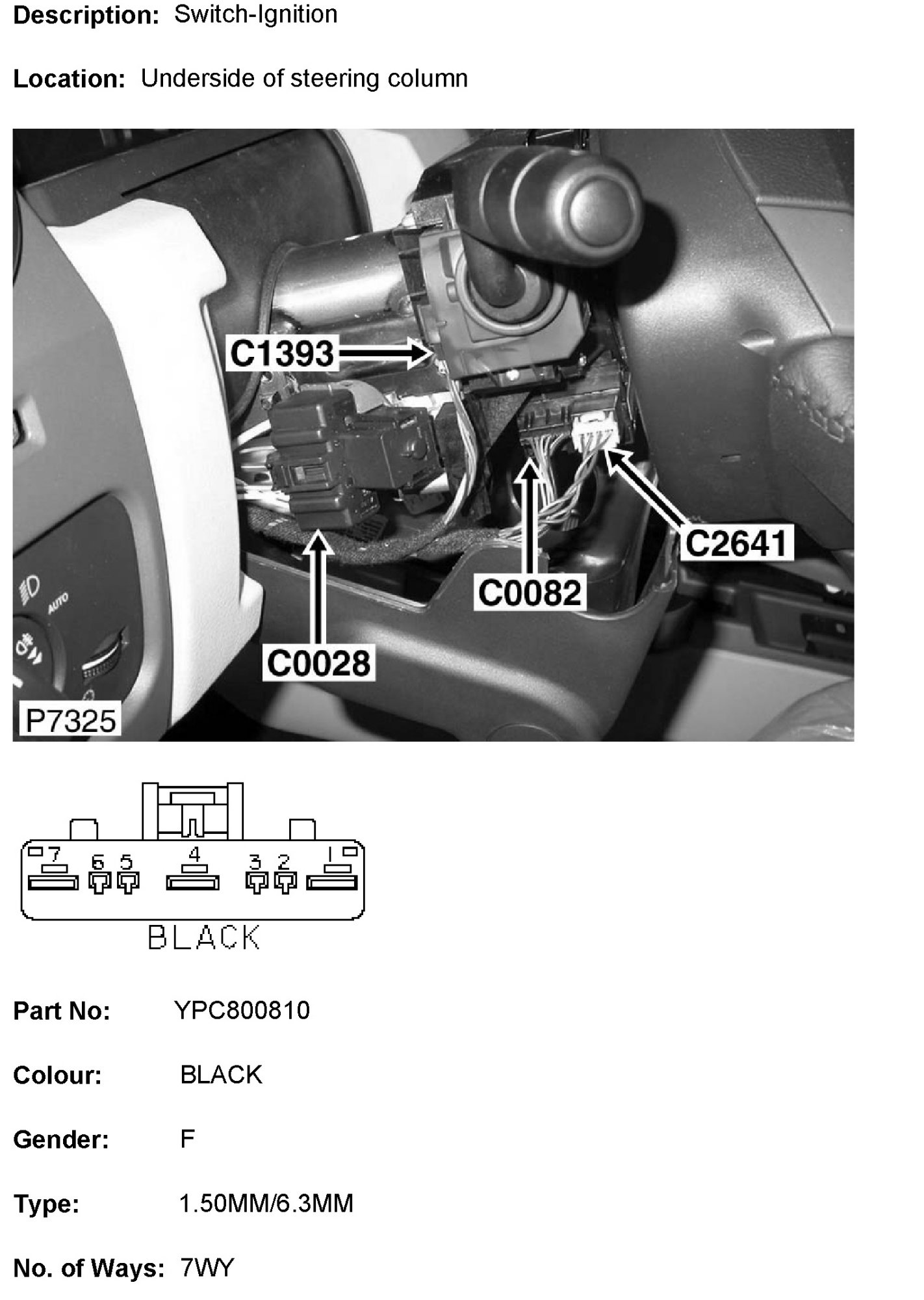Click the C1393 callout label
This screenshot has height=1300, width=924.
click(x=281, y=355)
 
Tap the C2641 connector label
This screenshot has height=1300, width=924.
click(x=736, y=543)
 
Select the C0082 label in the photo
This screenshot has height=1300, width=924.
click(x=530, y=593)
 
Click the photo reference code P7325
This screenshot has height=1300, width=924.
click(x=70, y=721)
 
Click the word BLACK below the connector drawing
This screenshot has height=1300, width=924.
click(x=204, y=938)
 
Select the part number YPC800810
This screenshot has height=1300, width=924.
click(x=242, y=1011)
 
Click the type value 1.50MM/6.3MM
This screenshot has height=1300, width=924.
click(x=266, y=1204)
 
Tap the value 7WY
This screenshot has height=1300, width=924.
click(x=207, y=1268)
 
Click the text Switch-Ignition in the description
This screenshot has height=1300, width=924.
click(x=256, y=14)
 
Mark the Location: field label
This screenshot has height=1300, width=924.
click(x=69, y=79)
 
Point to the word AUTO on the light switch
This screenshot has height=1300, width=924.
click(x=58, y=604)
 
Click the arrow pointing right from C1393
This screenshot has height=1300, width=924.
click(x=382, y=354)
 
